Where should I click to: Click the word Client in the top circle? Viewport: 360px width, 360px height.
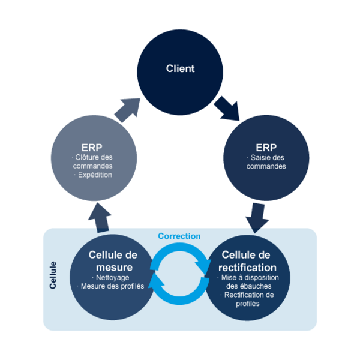180,68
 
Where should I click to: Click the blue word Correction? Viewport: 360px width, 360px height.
179,236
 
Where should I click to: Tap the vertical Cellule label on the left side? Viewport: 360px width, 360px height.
53,275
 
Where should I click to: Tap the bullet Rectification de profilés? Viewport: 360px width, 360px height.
249,299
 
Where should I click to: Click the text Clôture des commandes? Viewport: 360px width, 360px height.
92,162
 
